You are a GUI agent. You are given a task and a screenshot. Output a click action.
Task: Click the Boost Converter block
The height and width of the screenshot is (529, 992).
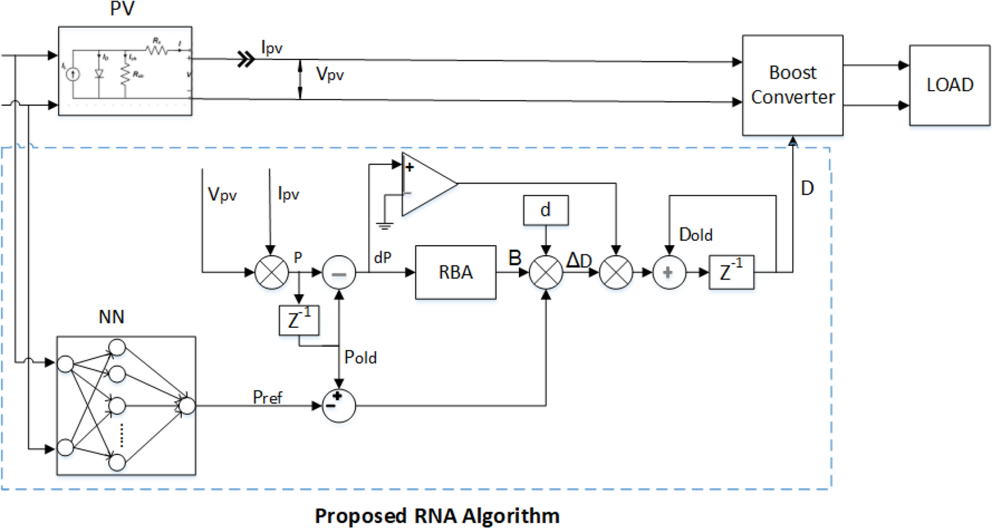[x=792, y=85]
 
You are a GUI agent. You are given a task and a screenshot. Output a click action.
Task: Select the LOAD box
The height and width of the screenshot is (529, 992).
[x=949, y=85]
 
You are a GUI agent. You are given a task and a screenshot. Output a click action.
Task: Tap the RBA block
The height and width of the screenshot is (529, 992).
[x=455, y=273]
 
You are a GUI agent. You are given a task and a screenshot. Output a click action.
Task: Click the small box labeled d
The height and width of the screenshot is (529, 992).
[x=545, y=210]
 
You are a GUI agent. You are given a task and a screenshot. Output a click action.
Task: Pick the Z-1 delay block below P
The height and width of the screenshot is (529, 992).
[x=298, y=320]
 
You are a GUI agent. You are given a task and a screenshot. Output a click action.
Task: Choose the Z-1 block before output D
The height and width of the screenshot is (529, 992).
[x=731, y=273]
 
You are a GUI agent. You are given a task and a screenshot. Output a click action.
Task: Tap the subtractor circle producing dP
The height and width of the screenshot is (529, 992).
[x=339, y=273]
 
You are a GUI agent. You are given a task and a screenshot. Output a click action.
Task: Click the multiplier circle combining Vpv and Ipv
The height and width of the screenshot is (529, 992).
[x=271, y=273]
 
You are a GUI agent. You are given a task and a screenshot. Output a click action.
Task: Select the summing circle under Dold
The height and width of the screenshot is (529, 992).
[x=668, y=273]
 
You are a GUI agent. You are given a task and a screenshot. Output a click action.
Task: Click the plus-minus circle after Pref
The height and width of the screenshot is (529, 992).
[x=339, y=406]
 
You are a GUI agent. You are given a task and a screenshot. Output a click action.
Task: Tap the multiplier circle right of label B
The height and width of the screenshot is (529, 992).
[x=545, y=273]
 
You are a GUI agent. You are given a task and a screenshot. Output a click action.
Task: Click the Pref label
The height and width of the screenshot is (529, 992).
[x=267, y=398]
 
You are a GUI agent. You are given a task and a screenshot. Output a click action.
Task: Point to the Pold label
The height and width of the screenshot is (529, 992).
[x=360, y=358]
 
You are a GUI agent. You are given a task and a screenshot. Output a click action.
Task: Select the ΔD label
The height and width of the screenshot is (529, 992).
[x=579, y=260]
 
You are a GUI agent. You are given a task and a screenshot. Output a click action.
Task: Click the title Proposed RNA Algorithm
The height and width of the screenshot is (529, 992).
[x=437, y=516]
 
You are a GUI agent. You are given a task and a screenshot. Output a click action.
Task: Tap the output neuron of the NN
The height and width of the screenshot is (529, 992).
[x=187, y=406]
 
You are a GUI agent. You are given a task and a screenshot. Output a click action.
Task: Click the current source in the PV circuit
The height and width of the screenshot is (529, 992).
[x=73, y=74]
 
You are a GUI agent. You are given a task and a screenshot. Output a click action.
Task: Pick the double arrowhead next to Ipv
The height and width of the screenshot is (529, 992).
[x=246, y=59]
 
